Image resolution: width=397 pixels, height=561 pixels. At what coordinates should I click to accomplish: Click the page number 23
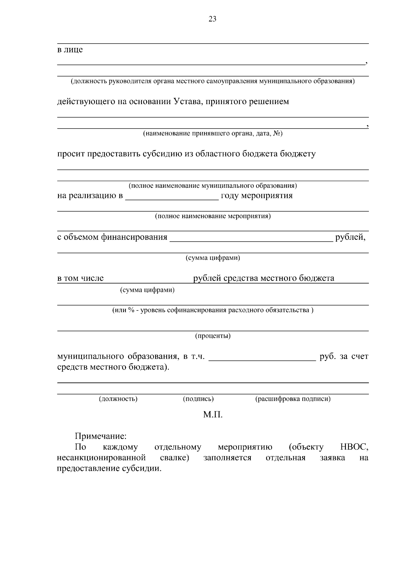point(212,19)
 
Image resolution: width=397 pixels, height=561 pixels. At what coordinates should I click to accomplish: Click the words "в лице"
point(70,50)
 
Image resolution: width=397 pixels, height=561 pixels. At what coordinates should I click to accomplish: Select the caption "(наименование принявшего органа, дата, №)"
point(212,134)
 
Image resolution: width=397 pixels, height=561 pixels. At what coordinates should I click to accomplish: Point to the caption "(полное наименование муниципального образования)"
point(212,186)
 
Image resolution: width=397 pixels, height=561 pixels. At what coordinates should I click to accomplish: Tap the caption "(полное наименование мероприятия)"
point(212,217)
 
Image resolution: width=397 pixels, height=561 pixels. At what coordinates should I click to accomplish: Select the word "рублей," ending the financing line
point(350,237)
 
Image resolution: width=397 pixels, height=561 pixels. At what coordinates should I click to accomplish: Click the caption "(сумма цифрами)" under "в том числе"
point(147,290)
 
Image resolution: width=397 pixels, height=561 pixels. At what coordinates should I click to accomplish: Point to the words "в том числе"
point(80,278)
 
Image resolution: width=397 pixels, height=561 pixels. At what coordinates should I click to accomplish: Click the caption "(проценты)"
point(212,336)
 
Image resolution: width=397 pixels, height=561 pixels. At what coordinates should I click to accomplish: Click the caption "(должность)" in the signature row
point(118,399)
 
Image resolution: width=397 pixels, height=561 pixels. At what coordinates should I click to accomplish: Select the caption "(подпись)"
point(198,399)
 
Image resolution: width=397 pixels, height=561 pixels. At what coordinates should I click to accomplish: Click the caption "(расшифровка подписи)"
point(292,399)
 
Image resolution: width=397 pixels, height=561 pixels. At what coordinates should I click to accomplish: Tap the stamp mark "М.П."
point(212,415)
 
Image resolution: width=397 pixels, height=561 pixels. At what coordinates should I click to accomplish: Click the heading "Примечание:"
point(101,436)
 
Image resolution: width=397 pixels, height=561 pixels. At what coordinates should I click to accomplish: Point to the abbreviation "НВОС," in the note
point(354,447)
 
